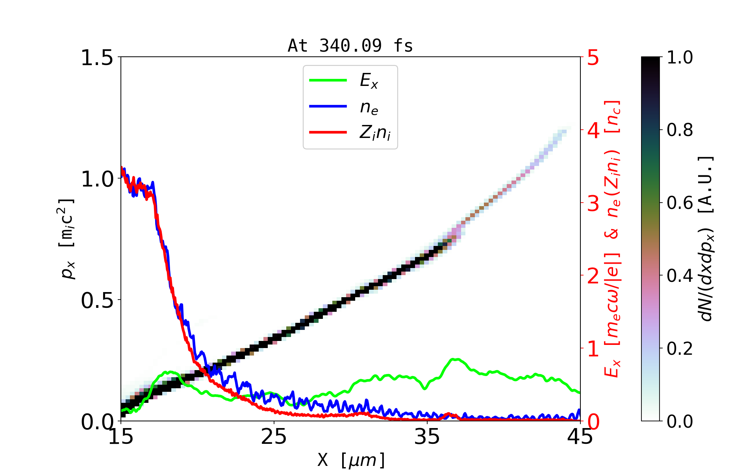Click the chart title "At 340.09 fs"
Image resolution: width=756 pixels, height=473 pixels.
(350, 46)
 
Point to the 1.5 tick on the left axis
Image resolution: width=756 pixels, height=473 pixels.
(96, 58)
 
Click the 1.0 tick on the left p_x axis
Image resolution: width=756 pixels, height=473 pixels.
(96, 179)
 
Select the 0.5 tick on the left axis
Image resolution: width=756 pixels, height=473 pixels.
(96, 301)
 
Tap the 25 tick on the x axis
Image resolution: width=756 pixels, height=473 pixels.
(274, 437)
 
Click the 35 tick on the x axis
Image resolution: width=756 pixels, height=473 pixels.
(427, 437)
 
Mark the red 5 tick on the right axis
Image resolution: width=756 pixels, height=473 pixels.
(593, 58)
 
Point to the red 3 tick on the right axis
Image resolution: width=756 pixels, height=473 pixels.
(593, 203)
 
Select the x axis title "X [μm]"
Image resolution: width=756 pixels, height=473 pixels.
(351, 460)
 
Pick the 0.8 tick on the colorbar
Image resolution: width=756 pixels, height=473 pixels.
(680, 130)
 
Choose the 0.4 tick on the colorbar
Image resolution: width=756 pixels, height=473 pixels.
(680, 276)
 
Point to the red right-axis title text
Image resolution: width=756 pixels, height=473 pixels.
(613, 238)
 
